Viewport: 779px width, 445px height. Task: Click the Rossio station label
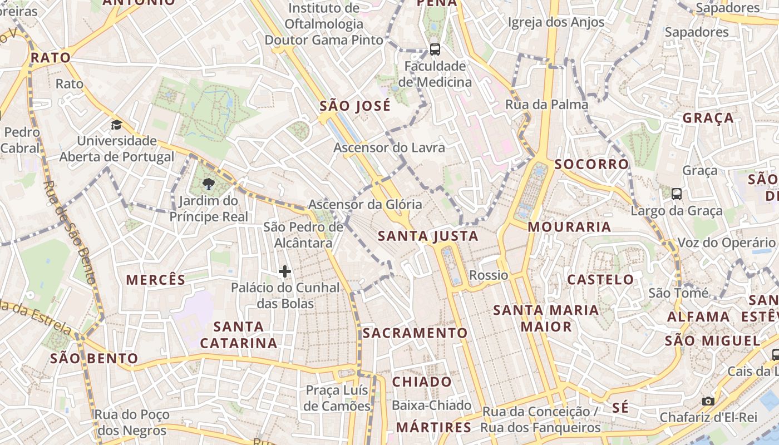tap(489, 275)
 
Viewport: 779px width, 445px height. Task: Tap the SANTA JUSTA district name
tap(428, 236)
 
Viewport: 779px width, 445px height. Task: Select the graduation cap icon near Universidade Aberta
tap(116, 125)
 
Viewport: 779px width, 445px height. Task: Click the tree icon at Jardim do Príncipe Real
tap(209, 184)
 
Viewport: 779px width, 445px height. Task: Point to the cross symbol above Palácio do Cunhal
tap(285, 271)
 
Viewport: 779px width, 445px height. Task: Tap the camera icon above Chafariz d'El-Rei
tap(708, 401)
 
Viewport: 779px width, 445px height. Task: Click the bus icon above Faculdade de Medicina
tap(435, 49)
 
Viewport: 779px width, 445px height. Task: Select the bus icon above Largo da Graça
tap(677, 194)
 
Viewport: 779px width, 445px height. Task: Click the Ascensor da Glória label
tap(365, 205)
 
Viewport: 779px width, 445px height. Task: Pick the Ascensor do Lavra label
tap(389, 147)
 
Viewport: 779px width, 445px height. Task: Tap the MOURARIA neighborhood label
tap(569, 227)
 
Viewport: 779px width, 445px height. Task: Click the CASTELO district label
tap(600, 279)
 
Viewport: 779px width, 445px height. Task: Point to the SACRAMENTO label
tap(415, 333)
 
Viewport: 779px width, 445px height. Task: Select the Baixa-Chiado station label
tap(432, 406)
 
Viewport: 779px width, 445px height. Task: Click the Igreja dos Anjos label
tap(556, 22)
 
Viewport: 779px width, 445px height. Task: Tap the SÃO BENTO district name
tap(94, 358)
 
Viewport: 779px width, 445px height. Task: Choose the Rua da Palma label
tap(546, 105)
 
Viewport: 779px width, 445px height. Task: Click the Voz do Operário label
tap(726, 243)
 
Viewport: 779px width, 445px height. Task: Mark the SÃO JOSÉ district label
tap(355, 106)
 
